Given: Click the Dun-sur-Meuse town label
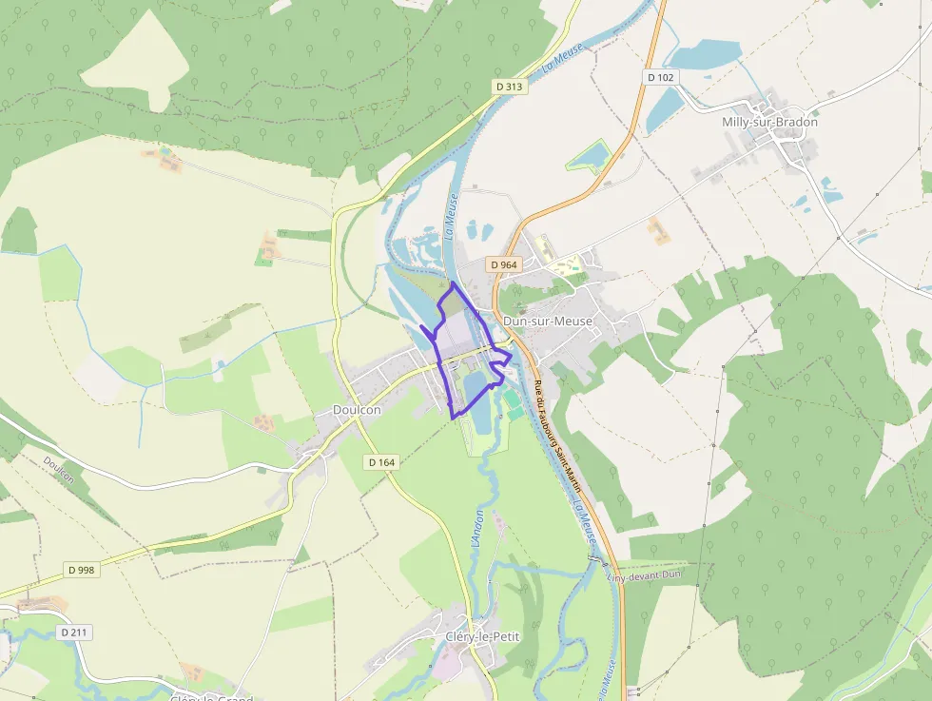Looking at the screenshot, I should (x=547, y=321).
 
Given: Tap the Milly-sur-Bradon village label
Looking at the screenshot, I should (x=770, y=122).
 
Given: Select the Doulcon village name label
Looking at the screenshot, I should (x=357, y=410).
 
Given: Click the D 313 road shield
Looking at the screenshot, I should (x=510, y=87).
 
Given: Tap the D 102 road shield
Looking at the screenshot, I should (x=659, y=77).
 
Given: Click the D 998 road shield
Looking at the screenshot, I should (x=82, y=570).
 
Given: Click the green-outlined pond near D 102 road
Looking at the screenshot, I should (x=592, y=153).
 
